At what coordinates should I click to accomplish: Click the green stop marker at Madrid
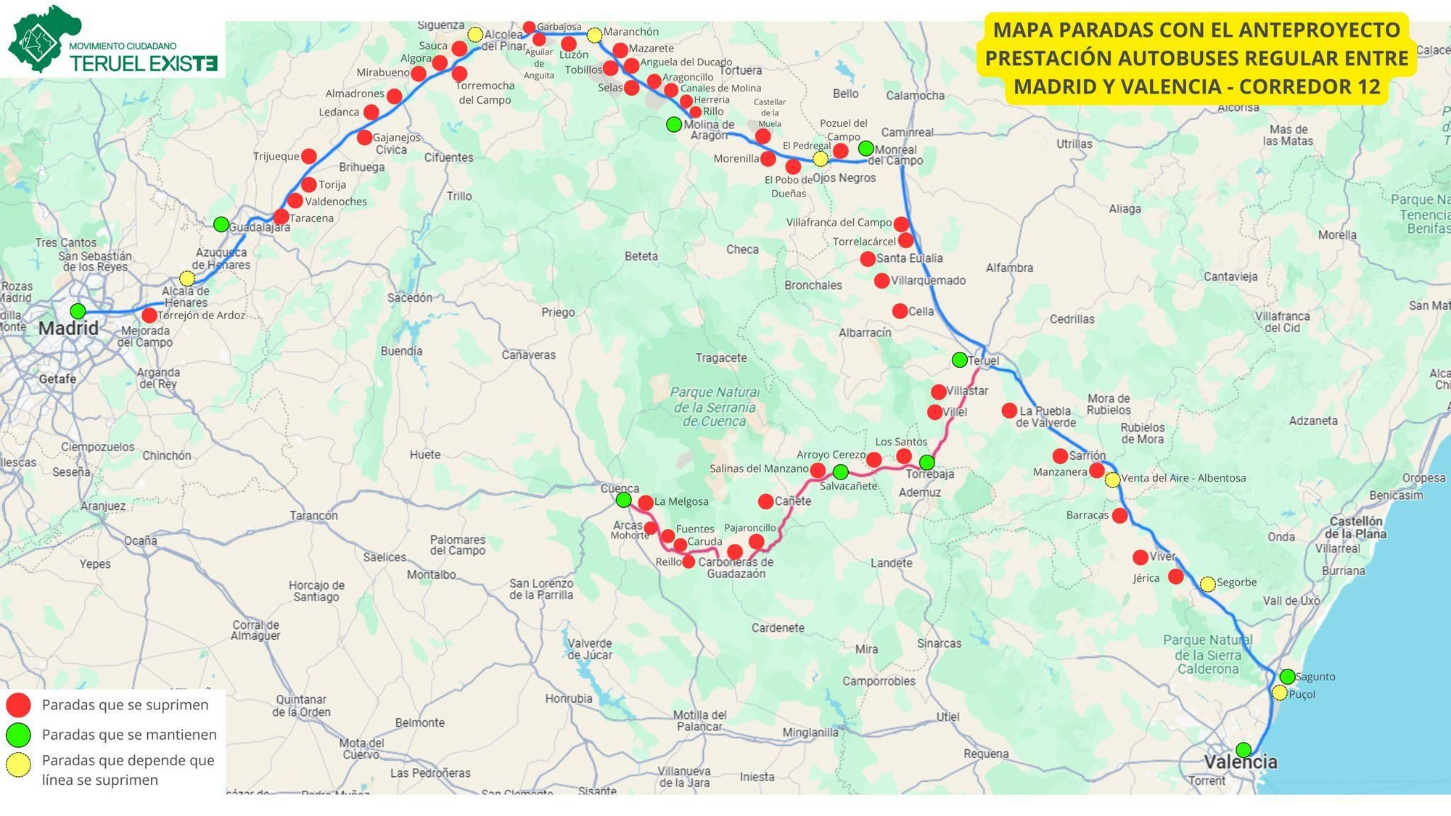point(78,311)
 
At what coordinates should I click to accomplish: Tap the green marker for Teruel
point(959,360)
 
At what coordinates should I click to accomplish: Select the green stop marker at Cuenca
point(623,500)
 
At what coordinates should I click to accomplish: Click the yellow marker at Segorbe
point(1207,584)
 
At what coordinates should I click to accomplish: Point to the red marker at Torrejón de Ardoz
point(149,316)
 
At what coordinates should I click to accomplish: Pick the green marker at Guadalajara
point(221,224)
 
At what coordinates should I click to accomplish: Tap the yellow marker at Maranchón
point(594,35)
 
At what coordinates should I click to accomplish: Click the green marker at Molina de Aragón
point(674,124)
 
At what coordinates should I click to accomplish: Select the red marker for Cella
point(900,311)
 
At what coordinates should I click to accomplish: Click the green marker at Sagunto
point(1287,676)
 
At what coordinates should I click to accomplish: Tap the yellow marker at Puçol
point(1280,693)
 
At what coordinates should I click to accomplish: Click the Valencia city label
point(1241,762)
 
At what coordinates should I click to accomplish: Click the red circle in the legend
point(18,705)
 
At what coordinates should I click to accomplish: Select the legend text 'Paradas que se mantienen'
point(129,735)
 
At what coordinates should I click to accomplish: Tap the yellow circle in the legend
point(18,765)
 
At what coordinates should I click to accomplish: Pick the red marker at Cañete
point(765,501)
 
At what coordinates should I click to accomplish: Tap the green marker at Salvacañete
point(840,472)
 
